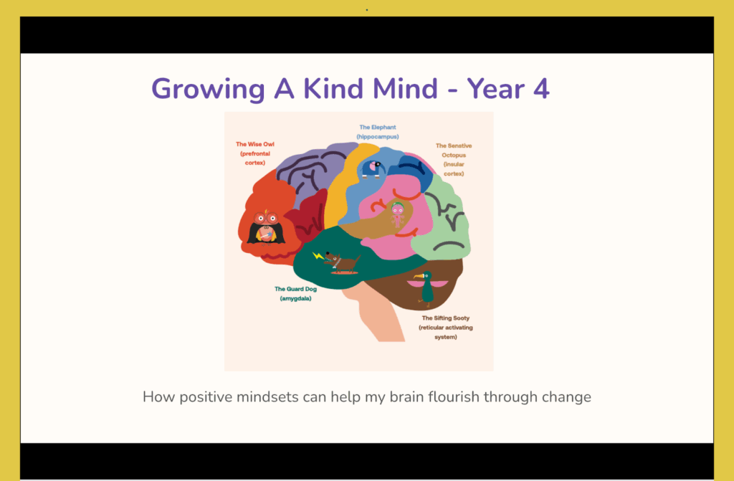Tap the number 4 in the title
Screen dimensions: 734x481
[x=541, y=88]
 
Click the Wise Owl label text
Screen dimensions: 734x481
[x=255, y=153]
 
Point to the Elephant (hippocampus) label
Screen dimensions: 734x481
[x=378, y=132]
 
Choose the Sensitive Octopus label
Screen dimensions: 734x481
[x=454, y=160]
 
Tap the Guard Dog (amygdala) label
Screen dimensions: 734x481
[x=295, y=294]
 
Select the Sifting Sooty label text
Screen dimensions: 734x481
[x=446, y=328]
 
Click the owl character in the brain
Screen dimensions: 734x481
[x=266, y=227]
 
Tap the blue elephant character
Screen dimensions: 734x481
[x=373, y=169]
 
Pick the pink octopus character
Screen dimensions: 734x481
[x=397, y=215]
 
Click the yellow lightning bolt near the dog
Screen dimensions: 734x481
[x=318, y=256]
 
